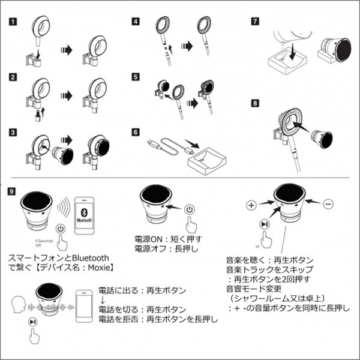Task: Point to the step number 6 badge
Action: pos(136,132)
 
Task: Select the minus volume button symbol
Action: pos(328,205)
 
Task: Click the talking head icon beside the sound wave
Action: pos(19,304)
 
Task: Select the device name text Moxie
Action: pos(97,269)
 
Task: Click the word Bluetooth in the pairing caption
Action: pos(89,259)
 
